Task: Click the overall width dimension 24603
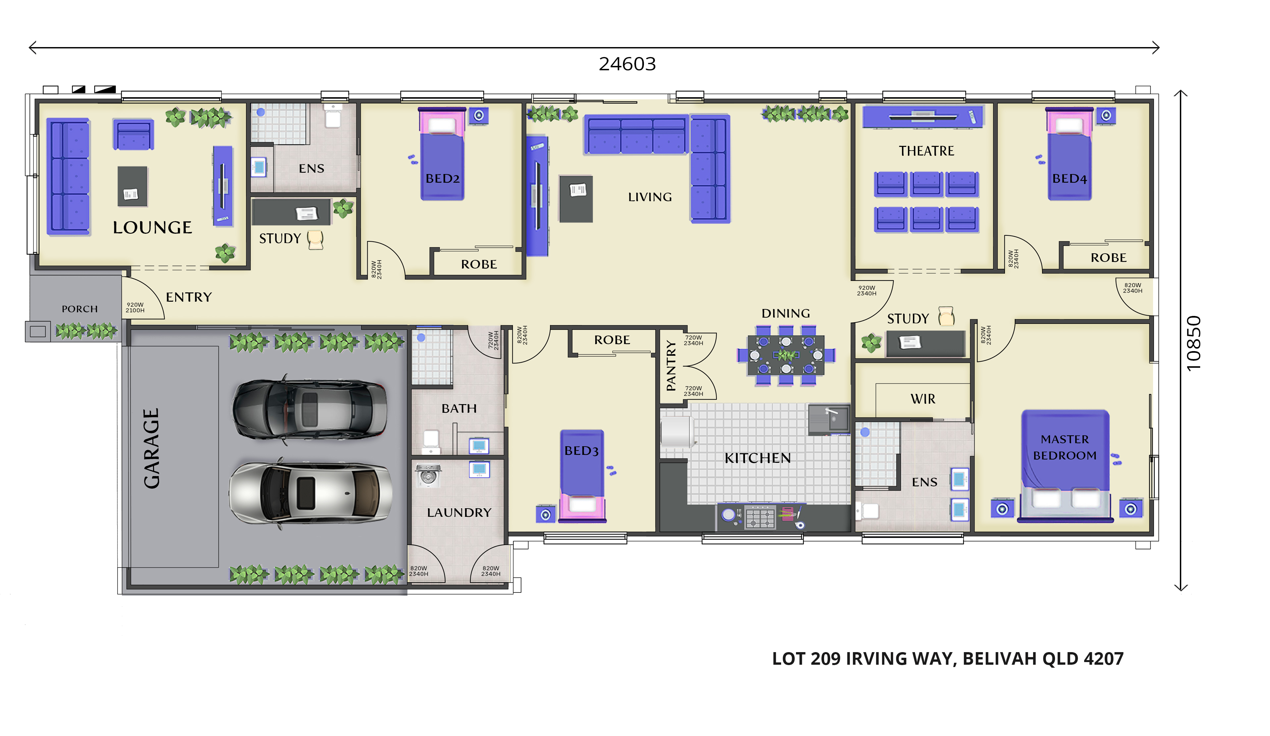(627, 64)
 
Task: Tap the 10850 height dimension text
(1193, 343)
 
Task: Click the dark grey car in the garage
(309, 410)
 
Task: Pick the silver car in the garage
(310, 493)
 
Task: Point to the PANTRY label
(671, 366)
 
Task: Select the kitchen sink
(829, 419)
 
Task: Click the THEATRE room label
(926, 151)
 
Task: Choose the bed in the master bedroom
(1065, 465)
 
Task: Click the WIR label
(923, 399)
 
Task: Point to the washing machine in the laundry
(428, 475)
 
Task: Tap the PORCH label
(79, 309)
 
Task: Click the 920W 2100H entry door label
(135, 307)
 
